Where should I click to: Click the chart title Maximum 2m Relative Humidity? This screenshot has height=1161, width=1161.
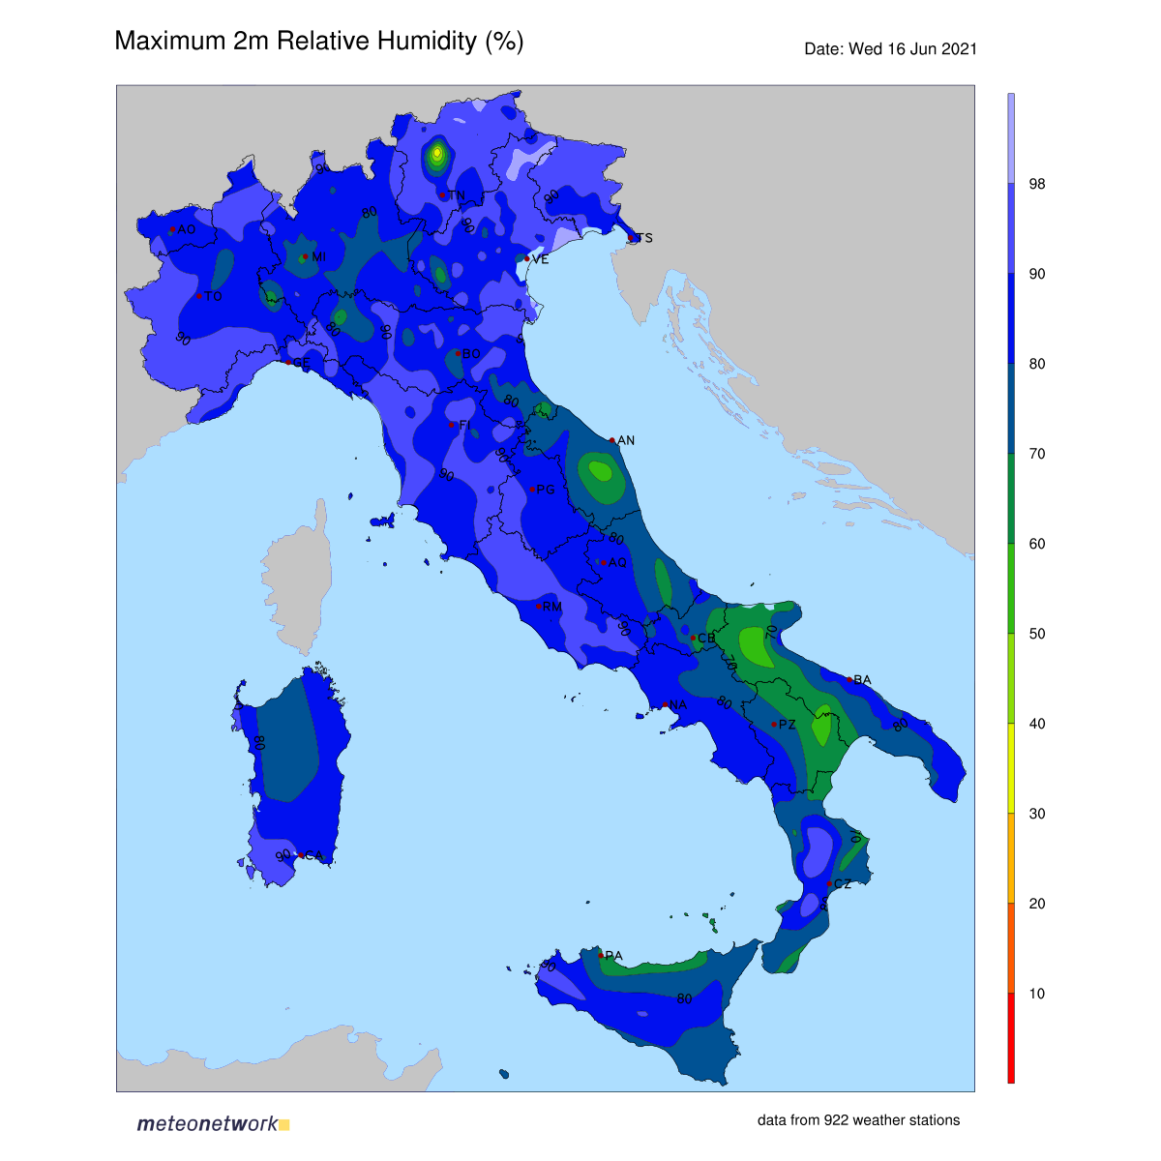(x=318, y=42)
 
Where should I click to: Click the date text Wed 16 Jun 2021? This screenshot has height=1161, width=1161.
(x=890, y=49)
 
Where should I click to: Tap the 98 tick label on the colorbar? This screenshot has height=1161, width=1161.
(x=1037, y=184)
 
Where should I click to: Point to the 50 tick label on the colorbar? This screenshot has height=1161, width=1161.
(x=1037, y=634)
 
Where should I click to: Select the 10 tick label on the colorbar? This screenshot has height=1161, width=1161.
(x=1037, y=994)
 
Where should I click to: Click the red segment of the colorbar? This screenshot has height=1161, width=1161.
(x=1011, y=1038)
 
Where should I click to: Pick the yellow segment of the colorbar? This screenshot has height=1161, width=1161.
(x=1011, y=768)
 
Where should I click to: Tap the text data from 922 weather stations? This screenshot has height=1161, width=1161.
(x=858, y=1120)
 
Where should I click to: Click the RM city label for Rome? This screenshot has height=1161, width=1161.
(x=552, y=607)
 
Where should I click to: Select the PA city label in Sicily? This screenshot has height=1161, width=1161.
(x=613, y=956)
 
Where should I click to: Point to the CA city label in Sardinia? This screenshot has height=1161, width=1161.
(x=314, y=855)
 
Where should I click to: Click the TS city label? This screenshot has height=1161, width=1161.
(x=644, y=238)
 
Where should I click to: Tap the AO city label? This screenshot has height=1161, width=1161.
(x=187, y=229)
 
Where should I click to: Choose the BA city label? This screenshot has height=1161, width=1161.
(x=863, y=680)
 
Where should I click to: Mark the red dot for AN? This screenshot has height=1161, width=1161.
(x=612, y=440)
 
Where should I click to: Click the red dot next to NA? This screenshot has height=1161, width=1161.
(x=666, y=704)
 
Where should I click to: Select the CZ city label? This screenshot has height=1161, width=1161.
(x=843, y=884)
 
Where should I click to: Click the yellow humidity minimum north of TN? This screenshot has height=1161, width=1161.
(x=437, y=152)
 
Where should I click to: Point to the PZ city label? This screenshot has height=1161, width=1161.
(x=788, y=725)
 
